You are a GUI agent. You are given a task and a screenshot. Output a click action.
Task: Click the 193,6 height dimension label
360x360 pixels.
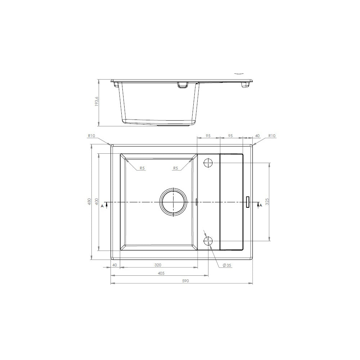(96, 101)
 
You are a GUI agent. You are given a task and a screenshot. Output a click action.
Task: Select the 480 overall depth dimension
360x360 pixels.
(90, 201)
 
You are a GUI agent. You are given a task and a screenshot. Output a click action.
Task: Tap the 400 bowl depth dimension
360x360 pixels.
(96, 201)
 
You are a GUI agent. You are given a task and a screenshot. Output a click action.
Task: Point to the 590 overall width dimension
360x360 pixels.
(185, 280)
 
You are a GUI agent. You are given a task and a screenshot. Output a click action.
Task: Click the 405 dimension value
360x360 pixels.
(161, 273)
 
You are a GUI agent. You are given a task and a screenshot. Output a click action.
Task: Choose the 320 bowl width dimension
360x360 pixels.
(158, 265)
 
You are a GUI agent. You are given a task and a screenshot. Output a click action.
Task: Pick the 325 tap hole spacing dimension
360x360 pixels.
(267, 201)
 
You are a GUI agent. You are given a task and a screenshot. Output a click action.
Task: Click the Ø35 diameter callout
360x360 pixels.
(227, 265)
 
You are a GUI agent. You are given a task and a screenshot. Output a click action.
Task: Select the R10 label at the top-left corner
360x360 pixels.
(91, 136)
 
